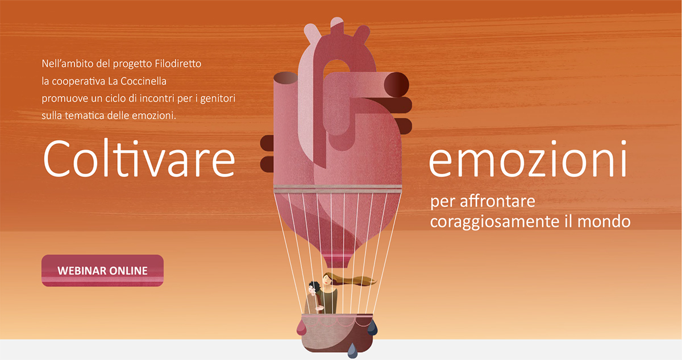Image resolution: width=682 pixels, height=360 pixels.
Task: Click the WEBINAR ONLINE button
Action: click(x=102, y=271)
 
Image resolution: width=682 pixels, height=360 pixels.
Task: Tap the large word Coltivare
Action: click(x=139, y=158)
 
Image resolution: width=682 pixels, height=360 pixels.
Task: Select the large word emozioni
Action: click(x=527, y=158)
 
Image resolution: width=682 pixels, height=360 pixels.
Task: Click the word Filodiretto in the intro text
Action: click(x=178, y=64)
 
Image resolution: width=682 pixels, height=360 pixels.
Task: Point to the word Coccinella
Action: click(x=143, y=81)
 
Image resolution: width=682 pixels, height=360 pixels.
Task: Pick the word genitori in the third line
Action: click(x=218, y=99)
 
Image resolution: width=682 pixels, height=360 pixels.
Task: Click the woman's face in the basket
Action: click(x=326, y=279)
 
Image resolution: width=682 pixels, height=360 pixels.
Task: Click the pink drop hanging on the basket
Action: click(x=301, y=329)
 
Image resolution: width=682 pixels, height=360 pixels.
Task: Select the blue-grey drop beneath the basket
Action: click(x=352, y=351)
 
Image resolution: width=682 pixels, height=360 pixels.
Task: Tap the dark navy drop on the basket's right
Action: click(x=372, y=328)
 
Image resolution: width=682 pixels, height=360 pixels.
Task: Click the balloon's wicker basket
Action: click(x=337, y=333)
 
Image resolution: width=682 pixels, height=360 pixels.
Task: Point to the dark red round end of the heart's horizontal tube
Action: click(x=396, y=84)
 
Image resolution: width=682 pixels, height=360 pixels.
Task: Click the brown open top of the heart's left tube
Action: click(x=285, y=78)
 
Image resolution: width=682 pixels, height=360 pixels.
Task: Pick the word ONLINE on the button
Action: click(x=128, y=271)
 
